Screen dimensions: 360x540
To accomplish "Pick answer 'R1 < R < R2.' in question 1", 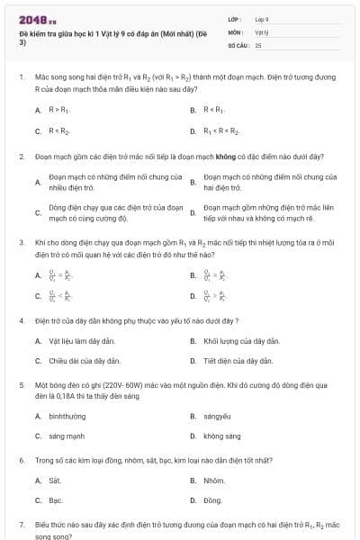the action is [222, 130].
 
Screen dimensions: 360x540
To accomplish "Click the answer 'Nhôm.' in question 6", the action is [214, 481].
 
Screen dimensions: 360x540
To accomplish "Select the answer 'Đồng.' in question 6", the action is [213, 500].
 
